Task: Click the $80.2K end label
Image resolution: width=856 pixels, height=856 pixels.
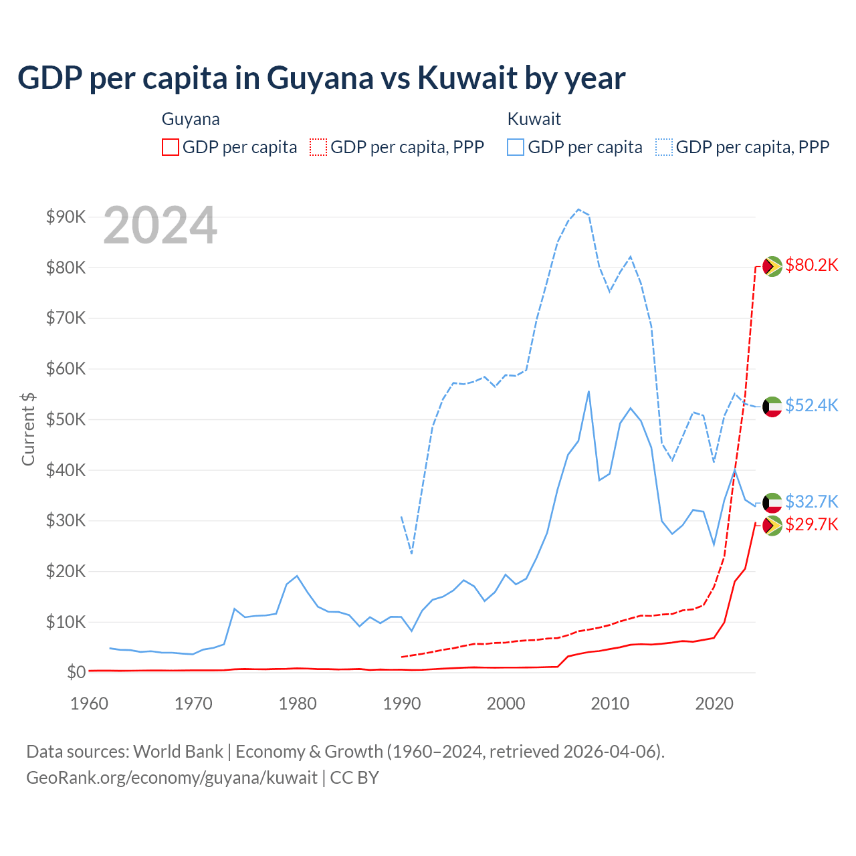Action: point(811,265)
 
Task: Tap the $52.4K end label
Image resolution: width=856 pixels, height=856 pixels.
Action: point(811,406)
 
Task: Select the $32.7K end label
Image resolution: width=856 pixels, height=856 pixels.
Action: point(811,502)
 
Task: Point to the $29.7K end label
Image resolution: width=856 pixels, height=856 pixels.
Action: point(811,524)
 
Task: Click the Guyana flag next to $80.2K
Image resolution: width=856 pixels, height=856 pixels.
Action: point(772,266)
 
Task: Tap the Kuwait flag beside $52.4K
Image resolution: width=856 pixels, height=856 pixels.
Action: point(772,407)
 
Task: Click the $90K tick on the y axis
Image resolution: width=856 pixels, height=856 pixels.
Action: point(66,217)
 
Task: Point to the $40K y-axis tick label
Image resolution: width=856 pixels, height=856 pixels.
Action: point(66,470)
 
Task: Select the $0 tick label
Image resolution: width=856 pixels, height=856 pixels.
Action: point(76,672)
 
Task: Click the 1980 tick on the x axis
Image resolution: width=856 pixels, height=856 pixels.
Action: point(298,704)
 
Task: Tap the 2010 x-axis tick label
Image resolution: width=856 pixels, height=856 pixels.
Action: point(610,704)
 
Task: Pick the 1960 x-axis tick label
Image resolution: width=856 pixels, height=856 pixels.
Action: point(90,704)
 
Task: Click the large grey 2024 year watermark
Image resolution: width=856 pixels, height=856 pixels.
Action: point(160,226)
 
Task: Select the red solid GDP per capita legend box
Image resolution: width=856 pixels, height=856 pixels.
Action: point(171,147)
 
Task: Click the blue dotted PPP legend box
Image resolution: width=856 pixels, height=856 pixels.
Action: point(664,147)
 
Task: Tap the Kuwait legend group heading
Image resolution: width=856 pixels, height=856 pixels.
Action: point(534,119)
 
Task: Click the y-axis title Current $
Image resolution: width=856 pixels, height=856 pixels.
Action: point(28,429)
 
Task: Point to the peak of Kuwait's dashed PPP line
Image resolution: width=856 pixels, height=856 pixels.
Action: point(578,209)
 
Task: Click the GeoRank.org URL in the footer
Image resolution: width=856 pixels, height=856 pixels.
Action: point(172,778)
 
